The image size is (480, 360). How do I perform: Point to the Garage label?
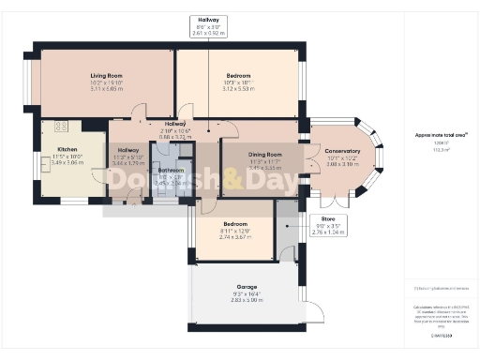pos(247,287)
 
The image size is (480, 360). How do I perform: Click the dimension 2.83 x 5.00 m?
pos(247,301)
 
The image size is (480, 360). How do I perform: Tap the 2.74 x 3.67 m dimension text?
pos(235,237)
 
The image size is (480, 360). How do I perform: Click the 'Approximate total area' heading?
pos(433,135)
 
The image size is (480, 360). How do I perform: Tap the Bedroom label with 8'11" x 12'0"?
pos(235,224)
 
